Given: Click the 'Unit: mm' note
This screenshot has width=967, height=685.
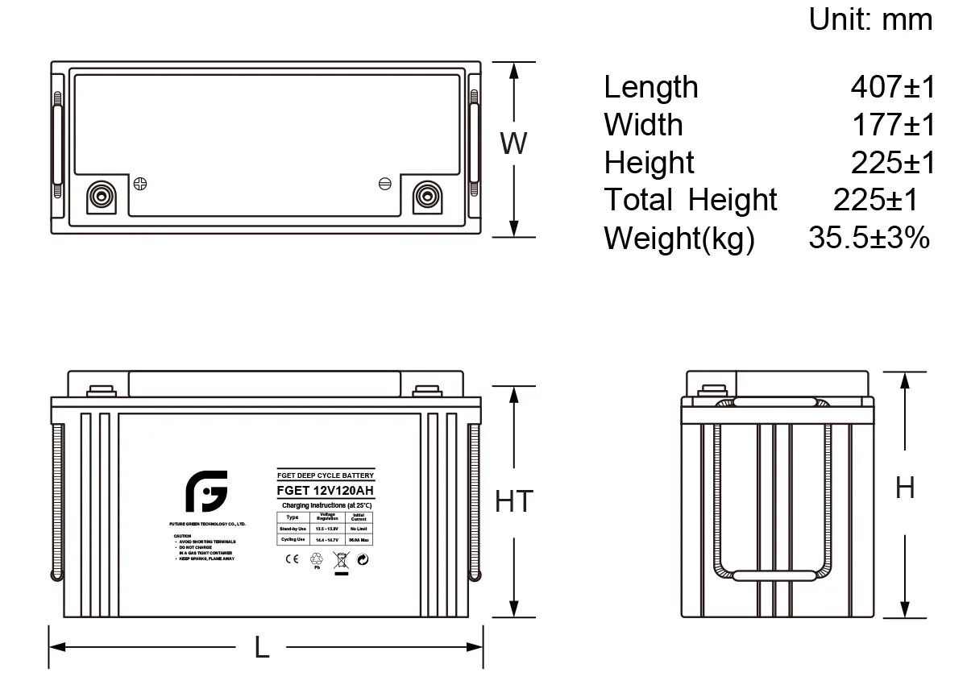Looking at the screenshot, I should pos(870,20).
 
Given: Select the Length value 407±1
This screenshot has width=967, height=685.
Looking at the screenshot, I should pos(893,87).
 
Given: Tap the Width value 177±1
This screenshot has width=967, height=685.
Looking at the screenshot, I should pos(894,125).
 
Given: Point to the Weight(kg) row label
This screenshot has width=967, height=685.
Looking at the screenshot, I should pos(679,239).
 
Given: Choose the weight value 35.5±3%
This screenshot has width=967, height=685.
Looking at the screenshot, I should pos(869,238).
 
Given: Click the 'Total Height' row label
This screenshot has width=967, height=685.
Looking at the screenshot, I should pos(690,200).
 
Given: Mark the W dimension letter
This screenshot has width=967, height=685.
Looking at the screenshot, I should pos(513,144).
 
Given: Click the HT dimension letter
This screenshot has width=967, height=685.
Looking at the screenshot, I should pos(513,501).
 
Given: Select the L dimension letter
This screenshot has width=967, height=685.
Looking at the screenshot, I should pos(262,647).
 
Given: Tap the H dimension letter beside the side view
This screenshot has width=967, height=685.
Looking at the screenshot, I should pos(905,488).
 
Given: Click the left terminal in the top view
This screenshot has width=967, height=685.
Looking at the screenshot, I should pos(102,196).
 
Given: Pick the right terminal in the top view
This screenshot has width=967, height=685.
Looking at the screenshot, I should pos(425,196).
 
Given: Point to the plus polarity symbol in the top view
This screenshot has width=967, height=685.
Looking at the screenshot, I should pos(140,183).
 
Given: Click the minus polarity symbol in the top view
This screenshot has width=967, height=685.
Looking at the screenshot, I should pos(385,183).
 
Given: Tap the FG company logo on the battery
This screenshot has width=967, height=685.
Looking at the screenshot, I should pos(206,492).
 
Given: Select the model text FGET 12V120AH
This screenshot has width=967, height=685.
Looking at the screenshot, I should pos(326,492).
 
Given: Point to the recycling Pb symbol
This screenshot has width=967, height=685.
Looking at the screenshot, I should pos(315,559).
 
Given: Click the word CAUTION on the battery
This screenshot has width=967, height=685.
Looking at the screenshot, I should pos(182,535).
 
